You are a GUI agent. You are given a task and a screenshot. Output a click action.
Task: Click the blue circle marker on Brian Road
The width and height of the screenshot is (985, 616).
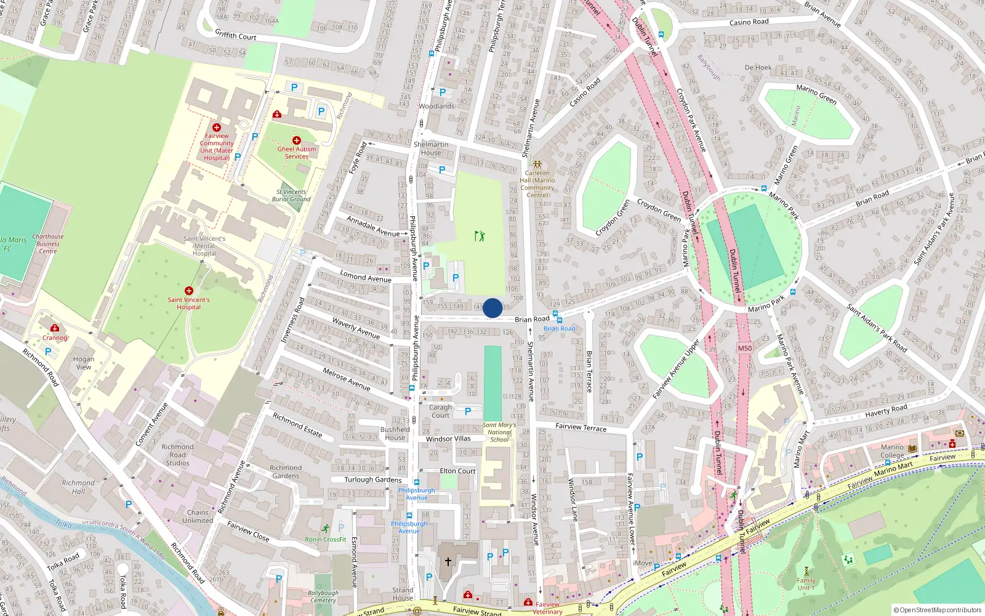[492, 308]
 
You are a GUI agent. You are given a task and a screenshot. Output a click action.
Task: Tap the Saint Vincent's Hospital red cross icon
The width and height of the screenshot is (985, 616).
[189, 291]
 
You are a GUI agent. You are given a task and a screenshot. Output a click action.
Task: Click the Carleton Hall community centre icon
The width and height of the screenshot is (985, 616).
[537, 164]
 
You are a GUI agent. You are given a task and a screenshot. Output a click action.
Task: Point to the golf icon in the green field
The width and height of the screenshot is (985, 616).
[480, 235]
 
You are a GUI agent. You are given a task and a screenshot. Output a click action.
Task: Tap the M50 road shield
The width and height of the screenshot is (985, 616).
[745, 348]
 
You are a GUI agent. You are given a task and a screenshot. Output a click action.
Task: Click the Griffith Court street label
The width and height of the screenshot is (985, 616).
[235, 36]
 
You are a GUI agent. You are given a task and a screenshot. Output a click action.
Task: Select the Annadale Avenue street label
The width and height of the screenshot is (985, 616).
[373, 226]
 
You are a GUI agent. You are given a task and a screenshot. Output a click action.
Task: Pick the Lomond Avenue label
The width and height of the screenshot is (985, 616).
[366, 277]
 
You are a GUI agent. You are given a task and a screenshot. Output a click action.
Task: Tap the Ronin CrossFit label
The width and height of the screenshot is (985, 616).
[326, 540]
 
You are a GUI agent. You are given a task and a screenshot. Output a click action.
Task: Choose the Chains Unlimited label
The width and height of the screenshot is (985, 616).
[198, 516]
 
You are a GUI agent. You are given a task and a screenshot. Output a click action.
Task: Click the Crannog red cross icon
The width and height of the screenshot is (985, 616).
[55, 328]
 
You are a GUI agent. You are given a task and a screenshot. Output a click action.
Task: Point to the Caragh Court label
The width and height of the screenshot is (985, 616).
[440, 411]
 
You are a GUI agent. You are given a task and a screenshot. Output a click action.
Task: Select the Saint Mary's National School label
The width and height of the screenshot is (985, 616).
[499, 432]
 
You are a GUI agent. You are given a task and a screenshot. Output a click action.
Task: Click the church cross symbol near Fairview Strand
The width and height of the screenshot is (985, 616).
[448, 561]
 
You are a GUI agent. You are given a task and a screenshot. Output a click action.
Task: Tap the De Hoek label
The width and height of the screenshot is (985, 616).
[758, 68]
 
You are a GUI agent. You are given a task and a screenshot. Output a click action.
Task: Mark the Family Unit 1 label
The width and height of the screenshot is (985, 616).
[806, 584]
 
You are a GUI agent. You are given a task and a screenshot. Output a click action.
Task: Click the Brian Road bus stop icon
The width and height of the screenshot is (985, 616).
[556, 315]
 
